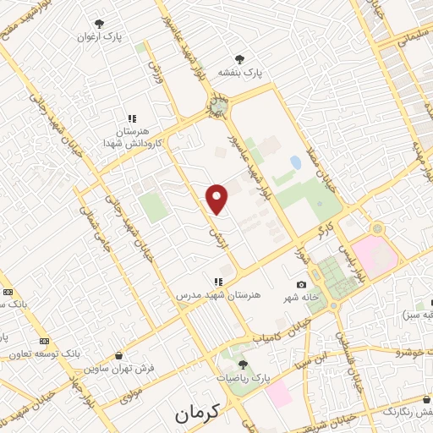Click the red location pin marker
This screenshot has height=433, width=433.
(x=217, y=200)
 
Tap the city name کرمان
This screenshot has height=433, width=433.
(x=196, y=414)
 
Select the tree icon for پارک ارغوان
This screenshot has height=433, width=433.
(x=100, y=24)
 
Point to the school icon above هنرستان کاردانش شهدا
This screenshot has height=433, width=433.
(x=131, y=119)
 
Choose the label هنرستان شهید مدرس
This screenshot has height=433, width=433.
(x=218, y=295)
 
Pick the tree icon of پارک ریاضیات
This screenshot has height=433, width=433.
(x=243, y=364)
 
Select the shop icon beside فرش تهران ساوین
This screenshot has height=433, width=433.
(x=118, y=355)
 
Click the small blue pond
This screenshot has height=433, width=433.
(x=295, y=162)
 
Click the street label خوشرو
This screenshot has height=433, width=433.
(x=414, y=348)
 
